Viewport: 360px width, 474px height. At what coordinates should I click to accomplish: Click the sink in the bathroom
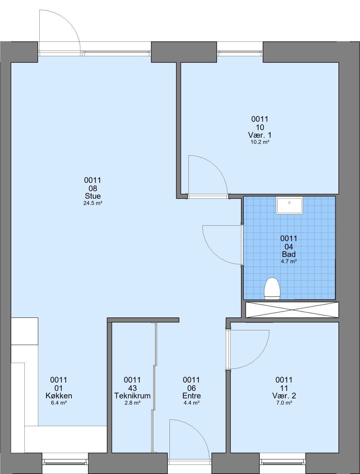289,205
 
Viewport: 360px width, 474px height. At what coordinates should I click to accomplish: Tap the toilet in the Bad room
272,289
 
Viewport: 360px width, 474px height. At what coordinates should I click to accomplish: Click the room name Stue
93,196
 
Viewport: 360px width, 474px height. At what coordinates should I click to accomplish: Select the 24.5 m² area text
93,203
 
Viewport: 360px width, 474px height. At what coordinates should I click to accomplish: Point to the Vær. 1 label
260,135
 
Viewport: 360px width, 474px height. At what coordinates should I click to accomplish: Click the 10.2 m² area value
260,142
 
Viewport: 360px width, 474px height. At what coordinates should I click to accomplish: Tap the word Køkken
59,396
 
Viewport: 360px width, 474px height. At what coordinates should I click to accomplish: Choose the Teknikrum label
133,396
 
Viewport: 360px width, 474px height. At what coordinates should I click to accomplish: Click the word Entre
192,396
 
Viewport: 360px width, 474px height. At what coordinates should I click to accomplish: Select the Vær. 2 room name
284,396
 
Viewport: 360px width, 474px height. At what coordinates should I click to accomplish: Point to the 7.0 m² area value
284,403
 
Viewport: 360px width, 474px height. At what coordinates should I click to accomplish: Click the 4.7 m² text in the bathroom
289,262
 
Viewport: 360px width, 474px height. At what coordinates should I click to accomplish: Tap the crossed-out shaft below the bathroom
292,310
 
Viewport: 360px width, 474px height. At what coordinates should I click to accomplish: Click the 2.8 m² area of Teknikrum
133,403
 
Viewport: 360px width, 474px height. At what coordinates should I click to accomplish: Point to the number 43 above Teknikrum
133,388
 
